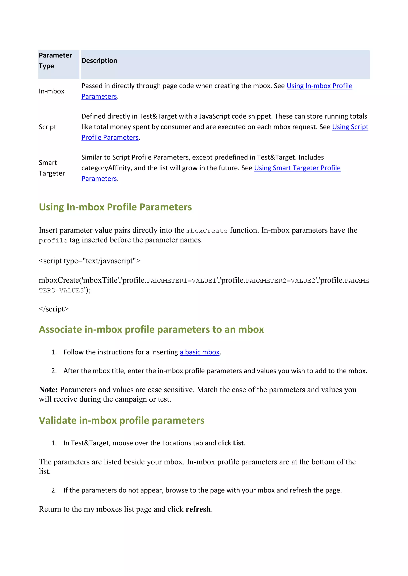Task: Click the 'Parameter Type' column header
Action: [x=55, y=60]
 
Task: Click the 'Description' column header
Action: [x=99, y=61]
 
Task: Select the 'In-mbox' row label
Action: [x=52, y=91]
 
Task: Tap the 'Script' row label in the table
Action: [x=47, y=127]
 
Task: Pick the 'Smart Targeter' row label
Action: [x=52, y=168]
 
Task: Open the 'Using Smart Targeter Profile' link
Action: [x=297, y=168]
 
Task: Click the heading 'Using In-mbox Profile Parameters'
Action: [x=115, y=207]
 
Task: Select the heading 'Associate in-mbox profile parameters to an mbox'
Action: [x=151, y=329]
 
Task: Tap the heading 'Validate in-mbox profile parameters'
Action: [x=122, y=420]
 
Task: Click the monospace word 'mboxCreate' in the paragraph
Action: [x=207, y=231]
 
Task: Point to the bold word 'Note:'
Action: [x=48, y=390]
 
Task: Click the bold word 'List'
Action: [x=238, y=443]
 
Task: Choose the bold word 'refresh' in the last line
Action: [x=198, y=509]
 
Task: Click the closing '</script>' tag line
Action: [x=54, y=309]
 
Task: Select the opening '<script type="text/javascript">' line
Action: [x=89, y=261]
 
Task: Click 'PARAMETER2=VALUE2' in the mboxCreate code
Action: [x=280, y=281]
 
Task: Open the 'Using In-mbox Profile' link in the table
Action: [x=319, y=86]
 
